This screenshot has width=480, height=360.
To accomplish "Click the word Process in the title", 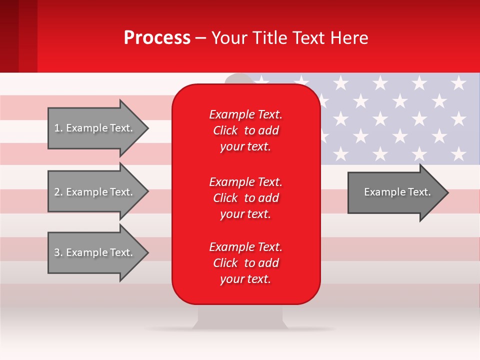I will pos(157,38).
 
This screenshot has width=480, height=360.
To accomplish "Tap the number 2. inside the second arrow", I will pos(58,192).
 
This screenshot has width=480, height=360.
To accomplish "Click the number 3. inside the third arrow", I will pos(58,252).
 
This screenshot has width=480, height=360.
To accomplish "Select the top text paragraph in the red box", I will pos(245,130).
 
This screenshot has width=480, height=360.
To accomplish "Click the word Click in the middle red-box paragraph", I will pos(225,198).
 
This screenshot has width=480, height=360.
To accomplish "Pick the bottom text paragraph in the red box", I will pos(245,263).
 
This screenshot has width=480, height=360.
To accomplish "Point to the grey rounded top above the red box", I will pos(239,78).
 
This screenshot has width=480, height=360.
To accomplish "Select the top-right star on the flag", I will pos(458,82).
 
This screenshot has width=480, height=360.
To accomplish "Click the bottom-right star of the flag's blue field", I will pos(458,153).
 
